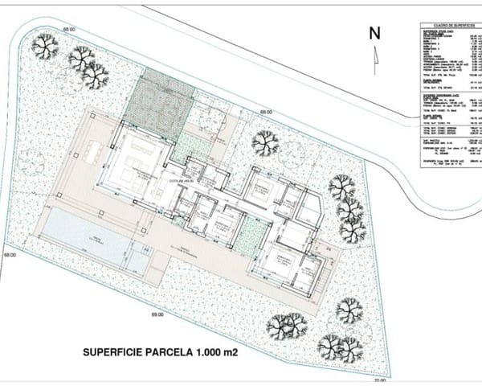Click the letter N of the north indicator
(374, 33)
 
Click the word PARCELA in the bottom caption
(164, 351)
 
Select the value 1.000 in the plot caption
(201, 351)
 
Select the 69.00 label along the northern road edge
(265, 113)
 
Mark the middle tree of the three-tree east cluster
(349, 211)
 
